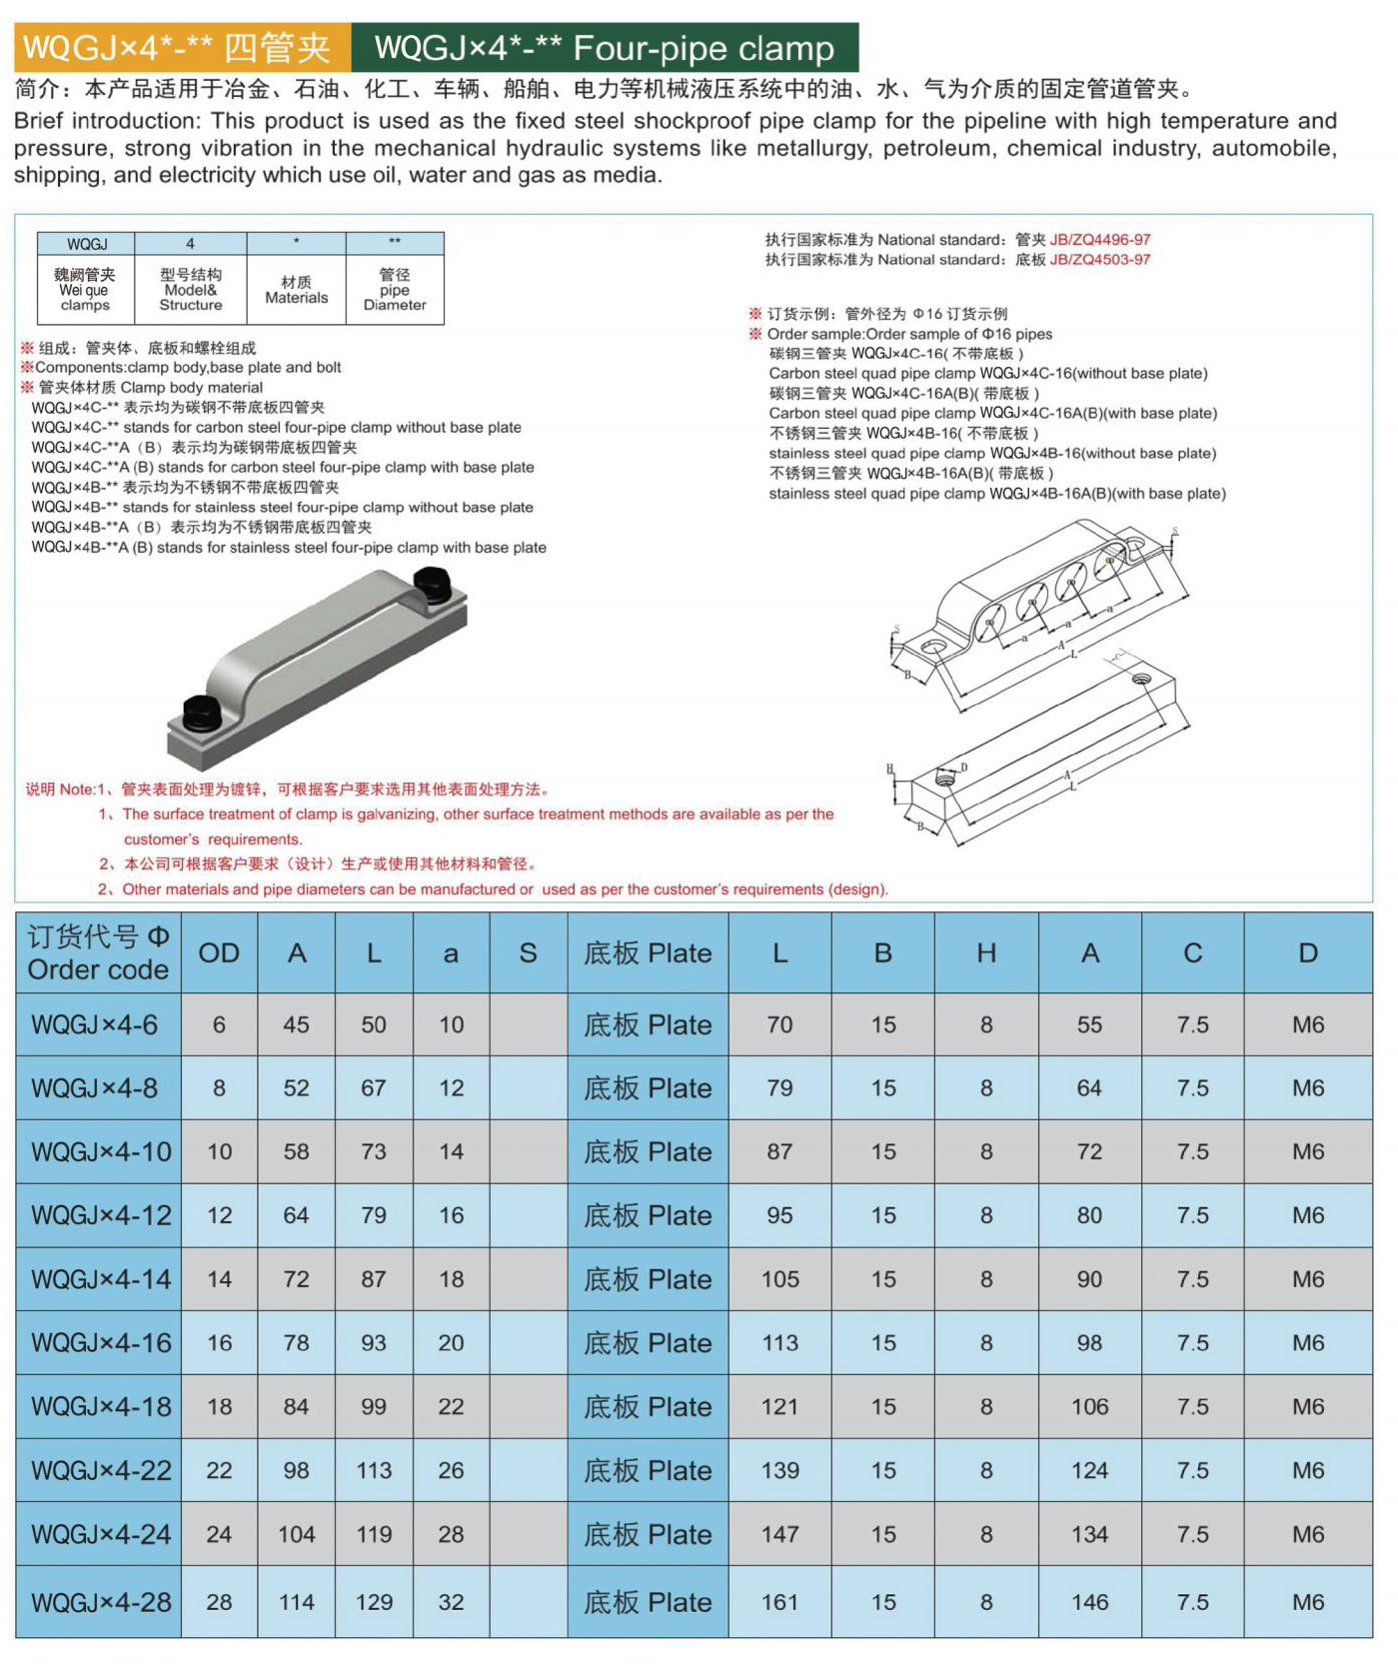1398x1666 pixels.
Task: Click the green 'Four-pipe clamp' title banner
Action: point(604,48)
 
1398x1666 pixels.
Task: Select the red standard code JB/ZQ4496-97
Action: point(1099,240)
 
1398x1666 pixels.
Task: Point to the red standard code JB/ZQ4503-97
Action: point(1099,260)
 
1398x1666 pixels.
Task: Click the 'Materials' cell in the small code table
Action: point(296,290)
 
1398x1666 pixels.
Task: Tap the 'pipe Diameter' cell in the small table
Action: point(395,290)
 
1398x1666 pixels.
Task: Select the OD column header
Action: point(219,953)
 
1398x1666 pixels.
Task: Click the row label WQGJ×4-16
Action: point(100,1343)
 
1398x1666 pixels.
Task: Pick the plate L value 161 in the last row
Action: point(779,1602)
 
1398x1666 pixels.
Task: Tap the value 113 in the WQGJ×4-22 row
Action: point(374,1470)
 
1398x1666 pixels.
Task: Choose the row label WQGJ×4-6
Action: point(95,1024)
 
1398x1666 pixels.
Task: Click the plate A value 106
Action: point(1089,1407)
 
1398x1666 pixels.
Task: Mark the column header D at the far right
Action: point(1307,953)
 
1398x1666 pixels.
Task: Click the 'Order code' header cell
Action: point(98,953)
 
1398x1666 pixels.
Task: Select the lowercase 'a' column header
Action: point(451,953)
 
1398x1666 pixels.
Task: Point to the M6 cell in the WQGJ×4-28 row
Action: point(1307,1602)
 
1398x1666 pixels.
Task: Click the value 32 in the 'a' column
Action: point(451,1602)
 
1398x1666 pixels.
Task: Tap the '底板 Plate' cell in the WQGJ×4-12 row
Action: point(648,1215)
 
